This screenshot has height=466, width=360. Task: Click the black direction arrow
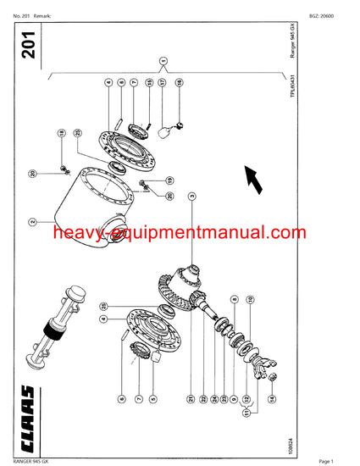click(252, 175)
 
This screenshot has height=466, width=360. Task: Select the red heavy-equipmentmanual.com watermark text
click(179, 232)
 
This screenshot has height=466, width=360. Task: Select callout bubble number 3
click(193, 196)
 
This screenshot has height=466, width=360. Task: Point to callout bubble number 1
click(163, 60)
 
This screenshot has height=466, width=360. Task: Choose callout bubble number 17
click(163, 83)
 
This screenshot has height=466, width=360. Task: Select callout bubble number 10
click(249, 299)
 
